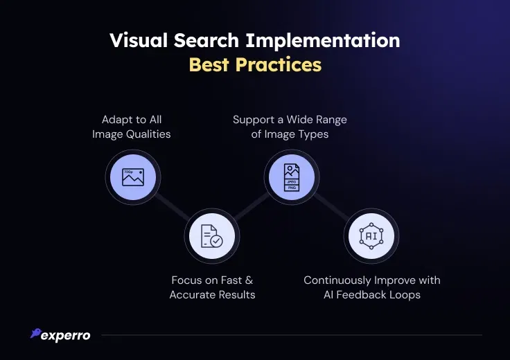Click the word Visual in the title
pyautogui.click(x=139, y=40)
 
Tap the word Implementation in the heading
pyautogui.click(x=323, y=41)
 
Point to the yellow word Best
pyautogui.click(x=209, y=64)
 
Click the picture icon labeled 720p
pyautogui.click(x=133, y=177)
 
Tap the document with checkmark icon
pyautogui.click(x=212, y=236)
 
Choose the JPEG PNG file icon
pyautogui.click(x=292, y=177)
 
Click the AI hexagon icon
pyautogui.click(x=371, y=236)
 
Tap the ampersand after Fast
pyautogui.click(x=249, y=280)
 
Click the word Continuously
pyautogui.click(x=337, y=280)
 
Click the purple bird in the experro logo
pyautogui.click(x=36, y=333)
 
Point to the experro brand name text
pyautogui.click(x=66, y=336)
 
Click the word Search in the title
pyautogui.click(x=206, y=40)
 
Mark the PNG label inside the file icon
pyautogui.click(x=292, y=188)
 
